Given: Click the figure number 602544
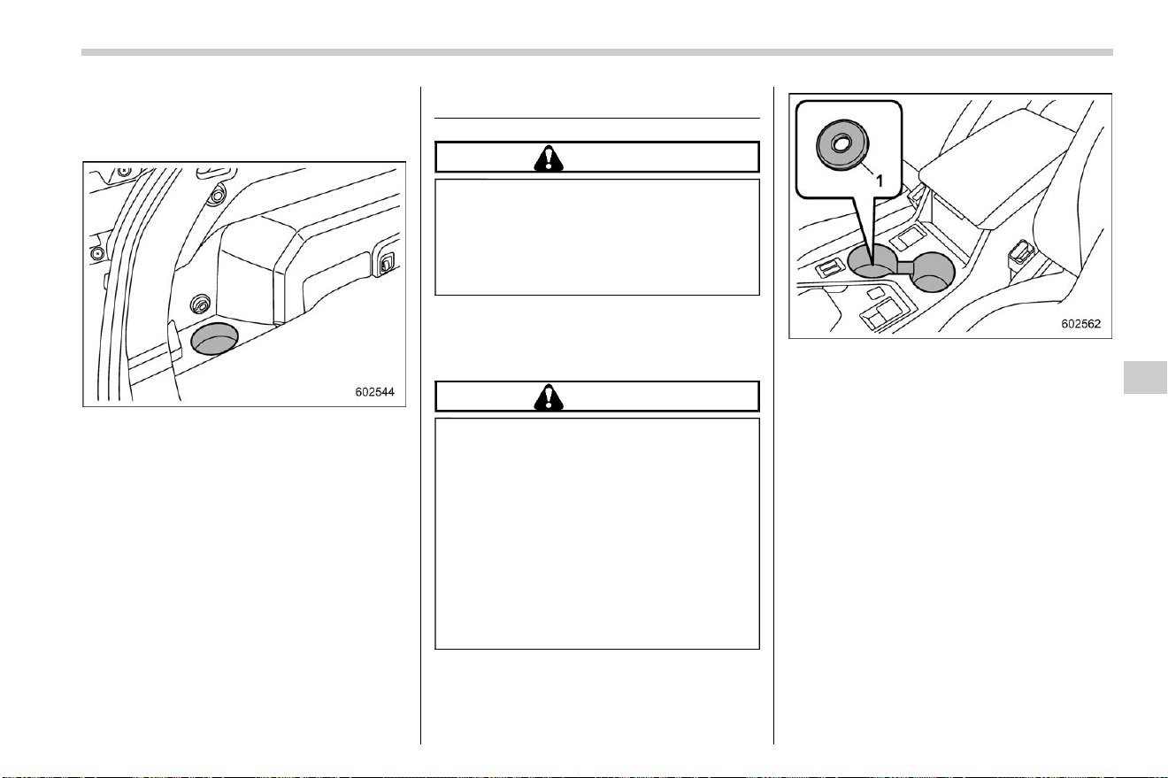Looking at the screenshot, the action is (x=374, y=391).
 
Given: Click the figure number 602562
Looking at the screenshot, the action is (x=1081, y=324).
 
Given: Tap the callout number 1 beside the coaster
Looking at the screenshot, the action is (x=880, y=181).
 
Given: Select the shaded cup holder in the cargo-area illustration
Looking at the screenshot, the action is (x=214, y=339).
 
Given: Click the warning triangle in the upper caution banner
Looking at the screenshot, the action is (x=549, y=158).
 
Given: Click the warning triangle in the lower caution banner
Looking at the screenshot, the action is (x=549, y=397).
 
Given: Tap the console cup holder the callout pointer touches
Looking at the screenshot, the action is (x=872, y=260).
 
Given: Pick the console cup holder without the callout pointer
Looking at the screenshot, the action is (x=933, y=271).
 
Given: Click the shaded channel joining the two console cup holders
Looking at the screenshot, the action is (x=904, y=267).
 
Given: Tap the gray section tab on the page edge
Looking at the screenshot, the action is (x=1145, y=377).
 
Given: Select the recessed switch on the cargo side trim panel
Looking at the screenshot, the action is (x=385, y=264).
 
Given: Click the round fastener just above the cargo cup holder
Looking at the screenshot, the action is (x=200, y=304).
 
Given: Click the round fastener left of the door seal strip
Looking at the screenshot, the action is (x=97, y=254).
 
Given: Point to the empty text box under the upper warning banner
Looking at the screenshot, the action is (x=597, y=237).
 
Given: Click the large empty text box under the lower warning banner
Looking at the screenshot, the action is (x=597, y=534).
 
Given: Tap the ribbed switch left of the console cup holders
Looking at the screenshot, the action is (x=829, y=269).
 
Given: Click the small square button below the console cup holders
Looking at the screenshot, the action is (x=874, y=294).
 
